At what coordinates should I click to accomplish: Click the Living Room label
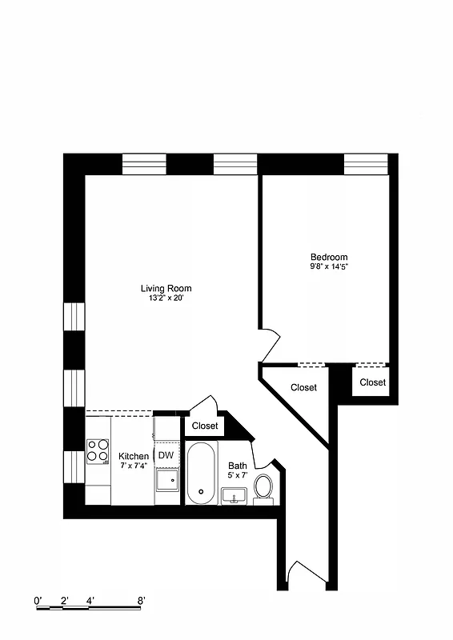pyautogui.click(x=166, y=289)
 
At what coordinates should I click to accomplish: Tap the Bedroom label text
pyautogui.click(x=329, y=257)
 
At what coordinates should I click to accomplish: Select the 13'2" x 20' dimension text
pyautogui.click(x=166, y=298)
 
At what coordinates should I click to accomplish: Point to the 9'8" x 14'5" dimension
pyautogui.click(x=329, y=266)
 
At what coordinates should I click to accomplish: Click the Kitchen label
pyautogui.click(x=134, y=457)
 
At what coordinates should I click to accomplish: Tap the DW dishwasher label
pyautogui.click(x=166, y=456)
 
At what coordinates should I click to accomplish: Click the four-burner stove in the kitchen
pyautogui.click(x=98, y=451)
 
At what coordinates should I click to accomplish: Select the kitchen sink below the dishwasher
pyautogui.click(x=166, y=480)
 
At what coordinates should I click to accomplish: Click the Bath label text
pyautogui.click(x=238, y=466)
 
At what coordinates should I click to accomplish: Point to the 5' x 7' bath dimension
pyautogui.click(x=238, y=475)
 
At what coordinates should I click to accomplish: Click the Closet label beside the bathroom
pyautogui.click(x=205, y=426)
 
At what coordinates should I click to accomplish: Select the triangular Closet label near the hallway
pyautogui.click(x=303, y=388)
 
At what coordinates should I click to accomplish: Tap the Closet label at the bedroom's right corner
pyautogui.click(x=372, y=382)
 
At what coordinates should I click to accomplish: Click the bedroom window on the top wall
pyautogui.click(x=366, y=164)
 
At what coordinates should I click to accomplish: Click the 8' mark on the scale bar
pyautogui.click(x=141, y=600)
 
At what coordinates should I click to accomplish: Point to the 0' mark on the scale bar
pyautogui.click(x=38, y=600)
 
